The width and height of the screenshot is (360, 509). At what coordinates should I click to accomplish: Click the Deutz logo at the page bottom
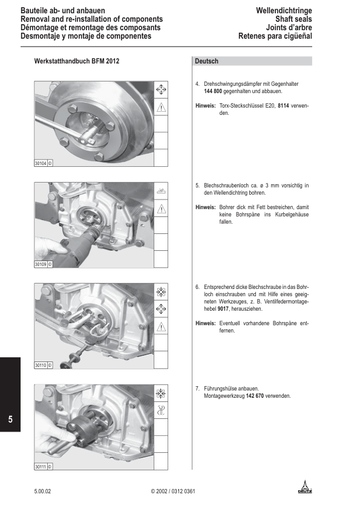coord(305,487)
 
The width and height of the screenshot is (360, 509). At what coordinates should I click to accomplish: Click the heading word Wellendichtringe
coord(284,11)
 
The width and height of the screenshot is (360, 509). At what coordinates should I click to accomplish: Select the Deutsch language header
coord(207,61)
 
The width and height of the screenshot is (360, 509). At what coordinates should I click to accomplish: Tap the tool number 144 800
coord(213,91)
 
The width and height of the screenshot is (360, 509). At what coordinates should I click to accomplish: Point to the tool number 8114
coord(283,106)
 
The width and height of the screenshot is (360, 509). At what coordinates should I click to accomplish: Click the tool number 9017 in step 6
coord(223,309)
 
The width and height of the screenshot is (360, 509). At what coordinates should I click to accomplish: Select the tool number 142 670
coord(255,396)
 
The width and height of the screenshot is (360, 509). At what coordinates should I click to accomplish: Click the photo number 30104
coord(41,163)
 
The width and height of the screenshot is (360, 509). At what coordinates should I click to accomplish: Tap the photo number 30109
coord(41,264)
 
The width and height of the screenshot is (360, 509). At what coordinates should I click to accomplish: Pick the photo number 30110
coord(41,365)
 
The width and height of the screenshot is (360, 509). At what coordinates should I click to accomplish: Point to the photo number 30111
coord(41,467)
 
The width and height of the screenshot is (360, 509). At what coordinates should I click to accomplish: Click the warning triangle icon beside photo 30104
coord(161,107)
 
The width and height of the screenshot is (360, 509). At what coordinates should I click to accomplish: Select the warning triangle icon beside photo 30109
coord(161,209)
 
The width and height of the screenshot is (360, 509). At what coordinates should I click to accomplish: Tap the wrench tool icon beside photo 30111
coord(161,410)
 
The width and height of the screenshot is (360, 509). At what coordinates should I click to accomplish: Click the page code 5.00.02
coord(42,491)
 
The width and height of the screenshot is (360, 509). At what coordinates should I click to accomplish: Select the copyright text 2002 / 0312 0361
coord(173,491)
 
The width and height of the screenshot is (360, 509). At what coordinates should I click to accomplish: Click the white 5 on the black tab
coord(10,419)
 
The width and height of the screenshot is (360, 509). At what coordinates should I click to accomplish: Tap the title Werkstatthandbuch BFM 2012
coord(77,61)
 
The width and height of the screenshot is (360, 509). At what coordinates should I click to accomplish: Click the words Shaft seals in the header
coord(293,19)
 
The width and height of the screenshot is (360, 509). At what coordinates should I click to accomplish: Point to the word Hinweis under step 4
coord(205,106)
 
